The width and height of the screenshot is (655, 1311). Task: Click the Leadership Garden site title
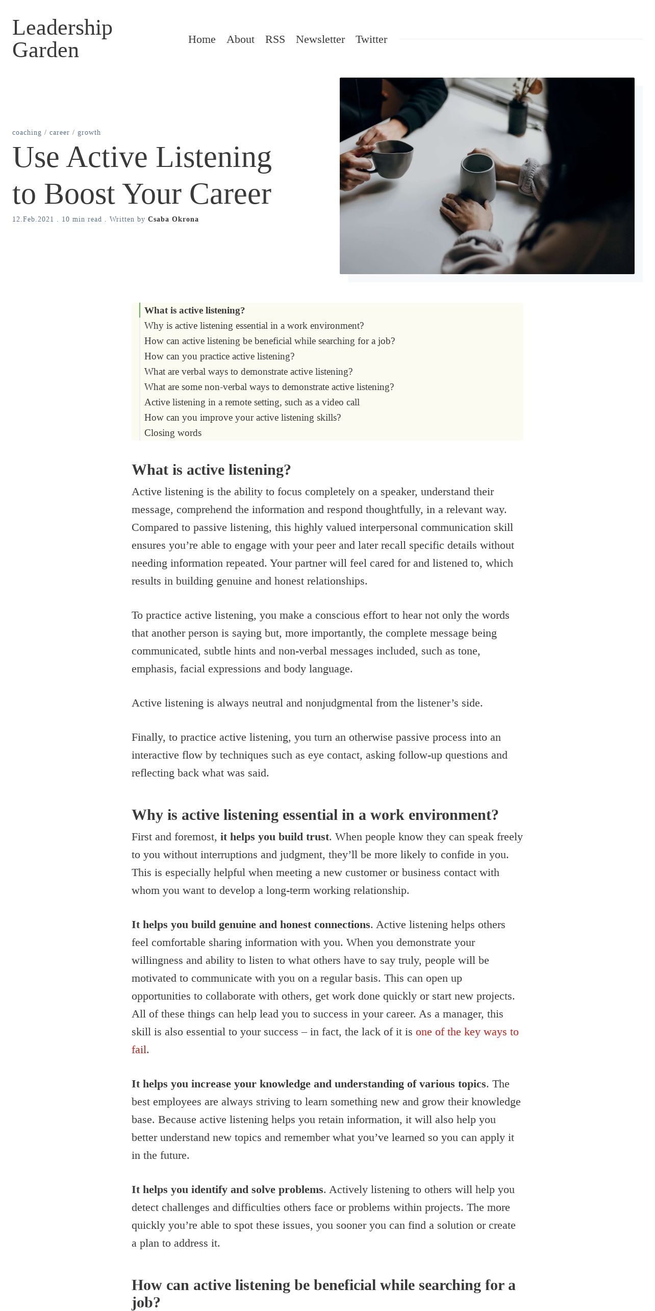pyautogui.click(x=62, y=39)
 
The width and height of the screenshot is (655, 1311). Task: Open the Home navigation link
pyautogui.click(x=201, y=39)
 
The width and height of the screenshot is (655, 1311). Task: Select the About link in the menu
pyautogui.click(x=240, y=39)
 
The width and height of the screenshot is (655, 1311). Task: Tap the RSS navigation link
pyautogui.click(x=275, y=39)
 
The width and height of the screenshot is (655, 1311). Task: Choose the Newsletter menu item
pyautogui.click(x=320, y=39)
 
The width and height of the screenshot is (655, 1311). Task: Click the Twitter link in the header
pyautogui.click(x=371, y=39)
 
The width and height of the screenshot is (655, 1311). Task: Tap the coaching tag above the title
pyautogui.click(x=27, y=133)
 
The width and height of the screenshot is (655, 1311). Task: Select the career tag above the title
pyautogui.click(x=59, y=133)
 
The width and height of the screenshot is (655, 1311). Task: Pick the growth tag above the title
pyautogui.click(x=89, y=133)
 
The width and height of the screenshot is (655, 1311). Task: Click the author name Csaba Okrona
pyautogui.click(x=173, y=220)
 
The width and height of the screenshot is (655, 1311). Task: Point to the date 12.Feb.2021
pyautogui.click(x=33, y=220)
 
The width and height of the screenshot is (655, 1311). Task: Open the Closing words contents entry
pyautogui.click(x=173, y=433)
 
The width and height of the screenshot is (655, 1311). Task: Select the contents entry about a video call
pyautogui.click(x=251, y=402)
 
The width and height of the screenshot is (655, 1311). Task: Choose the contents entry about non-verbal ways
pyautogui.click(x=269, y=387)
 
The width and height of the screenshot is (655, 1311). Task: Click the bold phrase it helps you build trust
pyautogui.click(x=274, y=837)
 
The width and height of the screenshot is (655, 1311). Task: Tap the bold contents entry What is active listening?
pyautogui.click(x=194, y=310)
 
